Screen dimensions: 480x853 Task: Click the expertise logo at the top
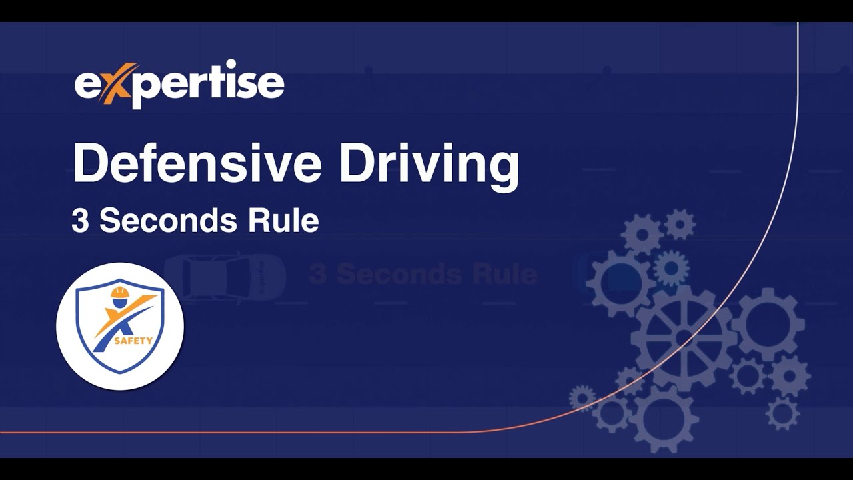(179, 84)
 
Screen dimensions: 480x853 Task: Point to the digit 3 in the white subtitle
(79, 221)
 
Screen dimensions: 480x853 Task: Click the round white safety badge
(120, 326)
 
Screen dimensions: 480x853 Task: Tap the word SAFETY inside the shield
(133, 341)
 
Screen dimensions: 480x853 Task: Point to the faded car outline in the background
(224, 275)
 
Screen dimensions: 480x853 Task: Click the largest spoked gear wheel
(684, 337)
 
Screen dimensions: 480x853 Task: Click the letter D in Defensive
(89, 163)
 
